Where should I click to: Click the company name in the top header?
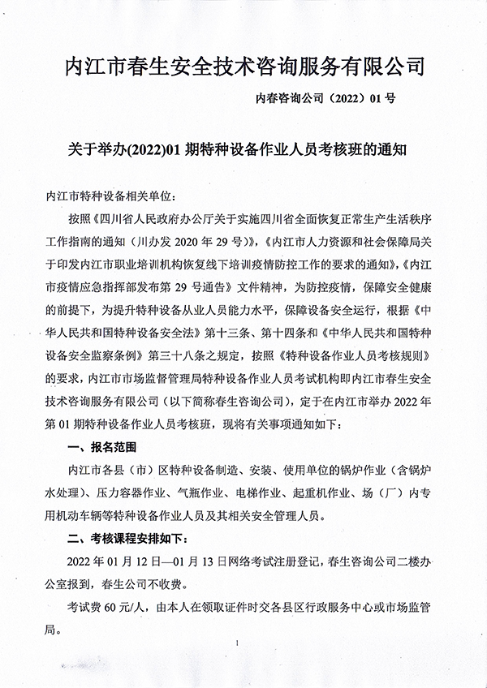pyautogui.click(x=244, y=65)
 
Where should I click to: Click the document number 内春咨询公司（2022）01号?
pyautogui.click(x=324, y=100)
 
